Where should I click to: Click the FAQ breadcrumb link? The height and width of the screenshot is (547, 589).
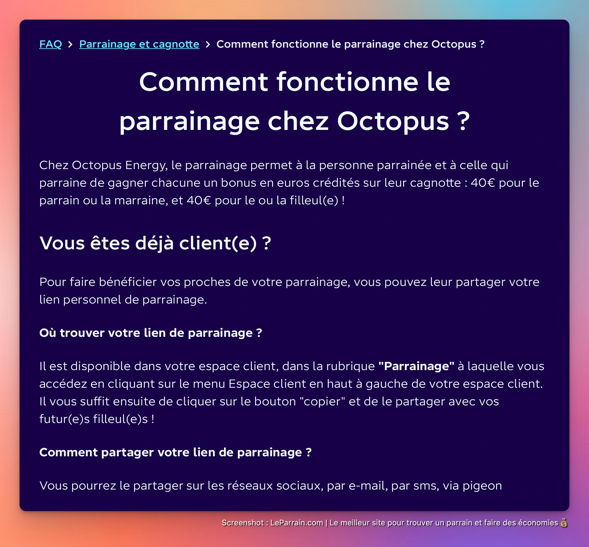51,44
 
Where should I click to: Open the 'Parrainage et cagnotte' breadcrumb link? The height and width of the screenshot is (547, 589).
139,44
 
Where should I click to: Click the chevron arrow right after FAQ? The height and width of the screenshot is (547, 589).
70,44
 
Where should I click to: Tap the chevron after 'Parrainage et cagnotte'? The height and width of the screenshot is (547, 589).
208,44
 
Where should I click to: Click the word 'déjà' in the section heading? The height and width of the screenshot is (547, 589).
154,243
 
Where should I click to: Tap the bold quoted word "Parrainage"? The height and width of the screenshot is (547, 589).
416,366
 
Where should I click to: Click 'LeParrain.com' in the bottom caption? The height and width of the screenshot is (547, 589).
296,523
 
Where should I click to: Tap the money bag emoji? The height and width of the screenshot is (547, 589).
564,523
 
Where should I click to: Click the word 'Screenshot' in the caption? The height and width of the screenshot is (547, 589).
243,523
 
